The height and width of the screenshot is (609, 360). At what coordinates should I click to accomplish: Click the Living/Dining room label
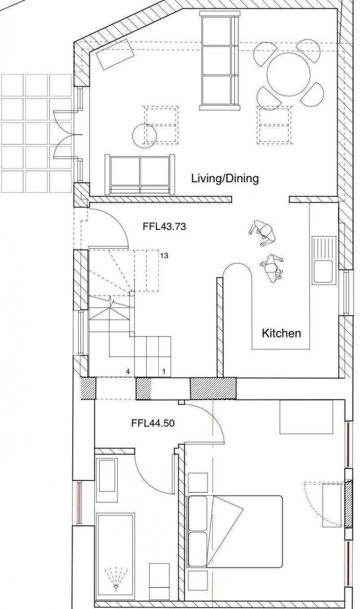pyautogui.click(x=224, y=178)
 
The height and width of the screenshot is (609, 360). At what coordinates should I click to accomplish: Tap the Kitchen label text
pyautogui.click(x=281, y=333)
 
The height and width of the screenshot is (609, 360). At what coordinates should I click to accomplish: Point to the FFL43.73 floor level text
pyautogui.click(x=164, y=226)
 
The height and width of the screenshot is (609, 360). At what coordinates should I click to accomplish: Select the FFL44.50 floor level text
pyautogui.click(x=153, y=423)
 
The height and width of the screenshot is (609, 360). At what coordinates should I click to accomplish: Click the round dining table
pyautogui.click(x=289, y=75)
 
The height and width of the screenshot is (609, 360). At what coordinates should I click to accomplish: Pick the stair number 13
pyautogui.click(x=164, y=256)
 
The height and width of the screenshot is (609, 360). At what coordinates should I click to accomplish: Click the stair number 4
pyautogui.click(x=127, y=372)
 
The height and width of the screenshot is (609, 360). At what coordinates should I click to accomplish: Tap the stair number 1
pyautogui.click(x=164, y=372)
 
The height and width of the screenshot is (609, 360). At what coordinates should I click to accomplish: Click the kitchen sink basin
pyautogui.click(x=323, y=271)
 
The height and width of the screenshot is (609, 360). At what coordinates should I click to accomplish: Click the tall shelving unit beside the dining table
pyautogui.click(x=219, y=59)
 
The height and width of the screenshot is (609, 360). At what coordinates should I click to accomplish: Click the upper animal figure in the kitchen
pyautogui.click(x=262, y=233)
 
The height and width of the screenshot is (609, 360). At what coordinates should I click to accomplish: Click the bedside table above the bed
pyautogui.click(x=197, y=483)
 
